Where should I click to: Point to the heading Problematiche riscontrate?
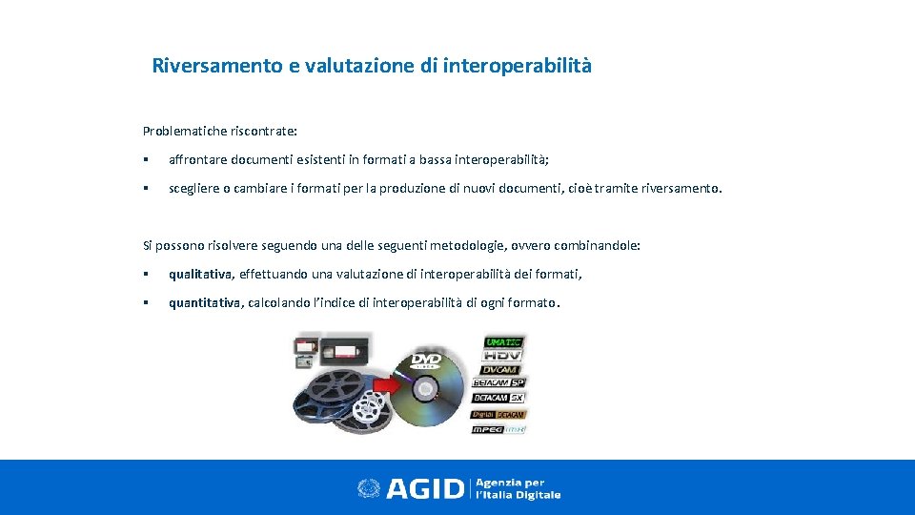tap(219, 130)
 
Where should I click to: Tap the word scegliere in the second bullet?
tap(195, 188)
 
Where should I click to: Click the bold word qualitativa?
tap(200, 275)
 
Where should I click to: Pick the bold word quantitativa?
tap(205, 303)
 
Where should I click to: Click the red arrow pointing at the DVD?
tap(382, 385)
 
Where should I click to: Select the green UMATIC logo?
tap(503, 342)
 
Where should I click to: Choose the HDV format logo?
tap(502, 355)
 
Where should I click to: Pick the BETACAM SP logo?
tap(499, 382)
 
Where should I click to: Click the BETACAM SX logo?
tap(499, 397)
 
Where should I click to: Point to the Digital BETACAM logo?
tap(499, 414)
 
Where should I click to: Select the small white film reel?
tap(367, 410)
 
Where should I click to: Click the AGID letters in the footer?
tap(425, 488)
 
